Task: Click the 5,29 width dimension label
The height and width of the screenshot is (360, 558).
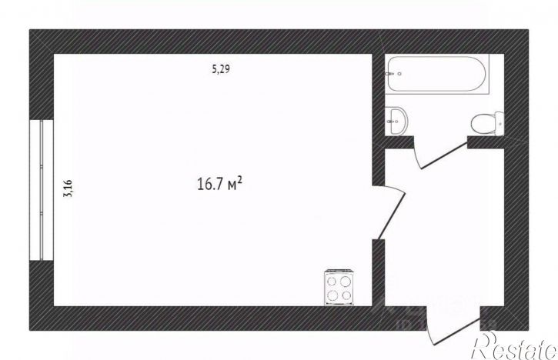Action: tap(221, 69)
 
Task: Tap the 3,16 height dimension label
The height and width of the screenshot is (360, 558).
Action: tap(68, 188)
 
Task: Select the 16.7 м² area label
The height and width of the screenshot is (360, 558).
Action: tap(219, 184)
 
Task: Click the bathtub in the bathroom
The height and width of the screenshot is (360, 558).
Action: tap(437, 74)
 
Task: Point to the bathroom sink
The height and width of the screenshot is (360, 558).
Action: tap(398, 121)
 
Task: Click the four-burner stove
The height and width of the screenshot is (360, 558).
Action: tap(339, 288)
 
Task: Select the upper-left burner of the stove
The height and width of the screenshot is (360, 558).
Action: tap(332, 282)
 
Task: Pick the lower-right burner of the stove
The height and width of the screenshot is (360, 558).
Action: tap(346, 295)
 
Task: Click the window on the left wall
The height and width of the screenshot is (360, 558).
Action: tap(42, 190)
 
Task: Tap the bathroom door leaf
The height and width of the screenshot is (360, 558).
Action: tap(444, 155)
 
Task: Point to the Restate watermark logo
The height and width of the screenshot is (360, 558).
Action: tap(514, 346)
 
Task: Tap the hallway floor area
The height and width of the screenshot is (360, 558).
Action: tap(445, 235)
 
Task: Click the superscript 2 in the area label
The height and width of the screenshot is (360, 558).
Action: tap(240, 179)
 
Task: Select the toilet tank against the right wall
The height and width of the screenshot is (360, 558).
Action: tap(500, 123)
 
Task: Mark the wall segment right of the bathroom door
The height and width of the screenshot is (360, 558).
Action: tap(486, 142)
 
